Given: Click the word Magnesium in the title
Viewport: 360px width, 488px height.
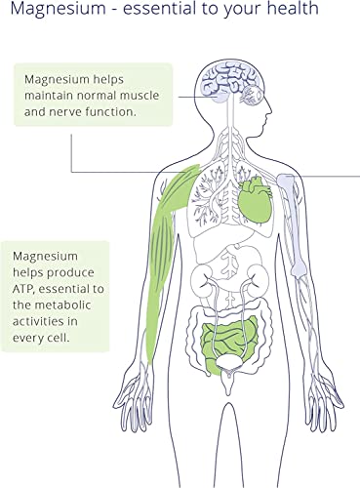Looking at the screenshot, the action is (x=58, y=9).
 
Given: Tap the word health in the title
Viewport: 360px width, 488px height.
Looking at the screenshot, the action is (x=293, y=8).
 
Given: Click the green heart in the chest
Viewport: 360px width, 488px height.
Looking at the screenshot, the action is (x=255, y=198).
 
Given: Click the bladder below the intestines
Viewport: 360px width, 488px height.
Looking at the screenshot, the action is (x=230, y=362).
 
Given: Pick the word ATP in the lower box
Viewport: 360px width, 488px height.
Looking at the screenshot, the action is (x=22, y=289).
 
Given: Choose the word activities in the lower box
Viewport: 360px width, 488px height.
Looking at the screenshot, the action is (x=38, y=321).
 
